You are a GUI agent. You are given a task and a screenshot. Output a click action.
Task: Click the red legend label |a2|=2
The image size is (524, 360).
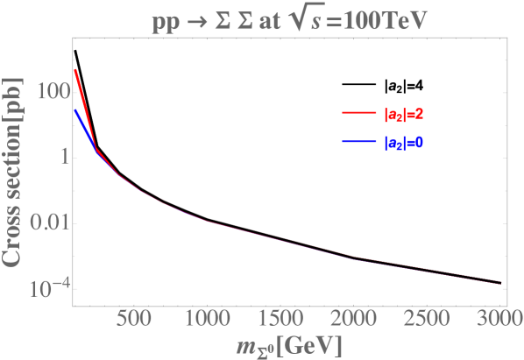(x=405, y=113)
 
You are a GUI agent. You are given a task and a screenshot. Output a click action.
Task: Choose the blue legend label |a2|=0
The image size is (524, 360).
(x=405, y=143)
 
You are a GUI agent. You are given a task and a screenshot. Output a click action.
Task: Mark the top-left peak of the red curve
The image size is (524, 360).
(x=76, y=69)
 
